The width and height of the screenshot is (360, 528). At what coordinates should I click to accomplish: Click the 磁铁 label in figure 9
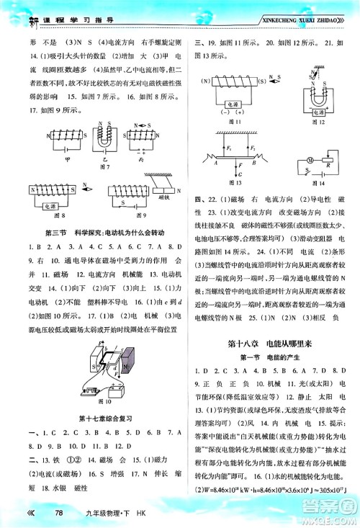tap(162, 195)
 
